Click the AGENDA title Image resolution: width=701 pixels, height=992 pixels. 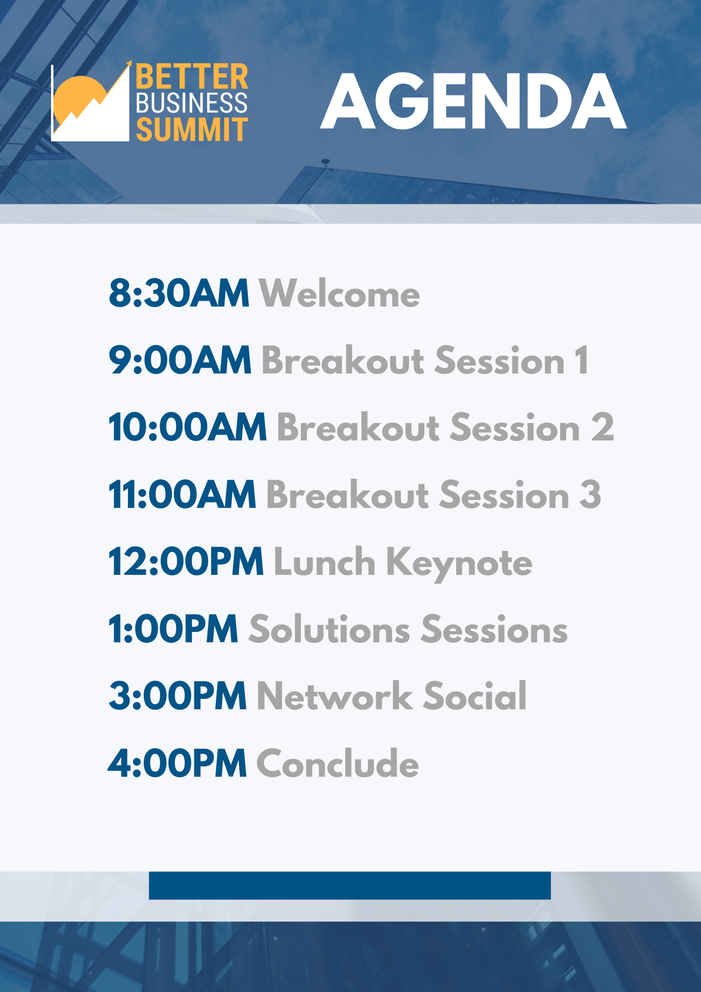click(473, 101)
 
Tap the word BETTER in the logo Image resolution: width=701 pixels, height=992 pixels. click(192, 77)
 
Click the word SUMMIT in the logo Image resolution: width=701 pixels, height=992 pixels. click(192, 129)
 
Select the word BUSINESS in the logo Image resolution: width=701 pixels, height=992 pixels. click(192, 103)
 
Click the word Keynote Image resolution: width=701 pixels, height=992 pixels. click(459, 563)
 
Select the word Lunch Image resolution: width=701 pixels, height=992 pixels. click(324, 561)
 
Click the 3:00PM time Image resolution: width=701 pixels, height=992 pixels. click(178, 696)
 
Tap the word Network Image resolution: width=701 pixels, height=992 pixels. click(335, 696)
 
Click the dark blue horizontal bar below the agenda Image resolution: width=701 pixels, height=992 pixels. click(350, 885)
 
